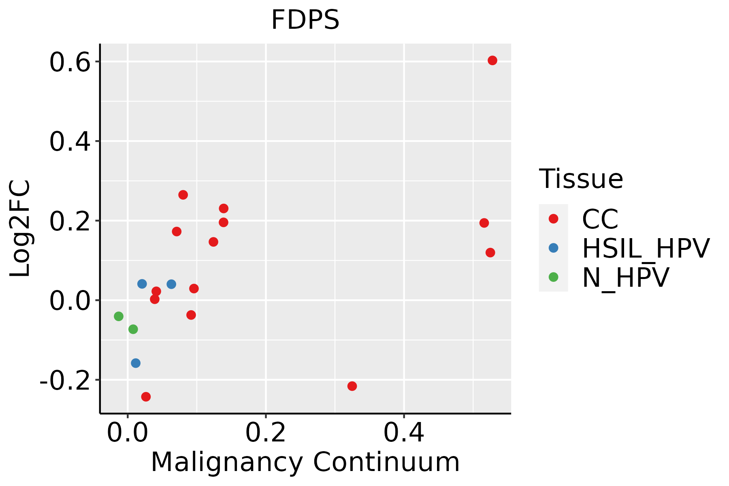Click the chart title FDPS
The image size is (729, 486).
click(305, 20)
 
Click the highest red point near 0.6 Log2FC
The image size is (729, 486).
click(492, 60)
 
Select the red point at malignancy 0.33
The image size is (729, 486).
click(352, 386)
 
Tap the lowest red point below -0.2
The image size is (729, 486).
click(146, 396)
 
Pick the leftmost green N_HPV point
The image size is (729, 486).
click(119, 316)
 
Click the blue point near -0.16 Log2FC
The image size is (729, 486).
click(136, 363)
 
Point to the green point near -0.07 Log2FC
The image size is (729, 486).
click(133, 329)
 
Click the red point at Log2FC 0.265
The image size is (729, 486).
click(183, 195)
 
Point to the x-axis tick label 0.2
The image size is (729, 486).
click(265, 433)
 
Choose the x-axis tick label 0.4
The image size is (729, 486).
click(404, 433)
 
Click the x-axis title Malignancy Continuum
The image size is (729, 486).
click(305, 462)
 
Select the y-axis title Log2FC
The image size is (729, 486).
click(20, 228)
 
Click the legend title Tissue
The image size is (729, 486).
click(581, 179)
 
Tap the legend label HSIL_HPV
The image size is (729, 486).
click(646, 248)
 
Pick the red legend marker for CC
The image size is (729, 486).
click(553, 219)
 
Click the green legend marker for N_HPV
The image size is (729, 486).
click(553, 277)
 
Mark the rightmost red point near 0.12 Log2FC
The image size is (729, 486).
click(490, 253)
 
